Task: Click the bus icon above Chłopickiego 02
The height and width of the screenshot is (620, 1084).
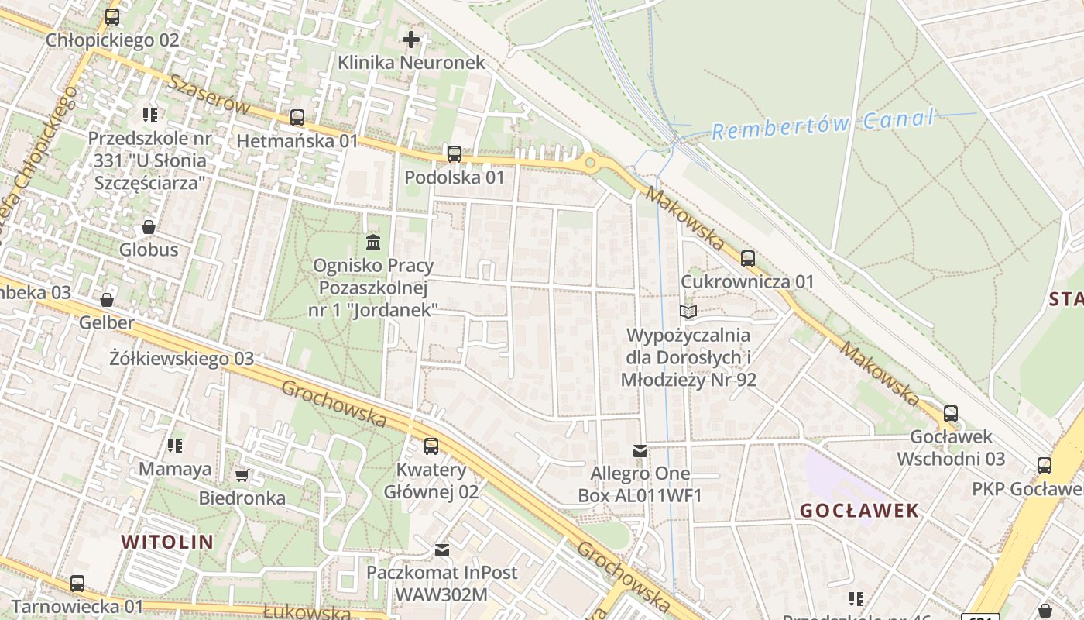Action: [112, 16]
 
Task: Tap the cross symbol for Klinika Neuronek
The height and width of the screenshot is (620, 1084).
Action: [411, 39]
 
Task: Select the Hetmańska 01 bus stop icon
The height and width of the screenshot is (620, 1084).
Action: [297, 118]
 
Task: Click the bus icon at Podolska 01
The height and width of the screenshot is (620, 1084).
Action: [455, 153]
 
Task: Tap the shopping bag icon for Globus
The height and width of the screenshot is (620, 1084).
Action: [149, 227]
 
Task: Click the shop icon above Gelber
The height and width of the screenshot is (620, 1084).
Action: [107, 299]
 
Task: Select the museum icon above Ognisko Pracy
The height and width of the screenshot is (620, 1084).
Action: [373, 243]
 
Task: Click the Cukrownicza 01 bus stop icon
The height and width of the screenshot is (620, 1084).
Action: [748, 258]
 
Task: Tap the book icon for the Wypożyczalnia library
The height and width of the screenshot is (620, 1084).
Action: [688, 312]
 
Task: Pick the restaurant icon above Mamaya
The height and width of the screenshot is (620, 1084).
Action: [175, 446]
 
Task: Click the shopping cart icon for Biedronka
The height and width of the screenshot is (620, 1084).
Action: [242, 474]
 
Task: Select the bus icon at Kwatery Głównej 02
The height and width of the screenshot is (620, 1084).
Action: [431, 446]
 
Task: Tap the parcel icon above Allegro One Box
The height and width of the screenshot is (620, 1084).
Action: [640, 450]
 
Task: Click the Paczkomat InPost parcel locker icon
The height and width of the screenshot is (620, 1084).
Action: [441, 549]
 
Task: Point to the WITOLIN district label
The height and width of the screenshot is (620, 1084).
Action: [167, 542]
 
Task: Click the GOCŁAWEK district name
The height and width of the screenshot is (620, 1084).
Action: [859, 511]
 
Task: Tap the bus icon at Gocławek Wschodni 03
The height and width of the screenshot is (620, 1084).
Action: [951, 414]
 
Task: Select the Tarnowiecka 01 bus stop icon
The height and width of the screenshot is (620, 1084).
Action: [77, 583]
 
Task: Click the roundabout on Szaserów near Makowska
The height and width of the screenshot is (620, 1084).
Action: [591, 163]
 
